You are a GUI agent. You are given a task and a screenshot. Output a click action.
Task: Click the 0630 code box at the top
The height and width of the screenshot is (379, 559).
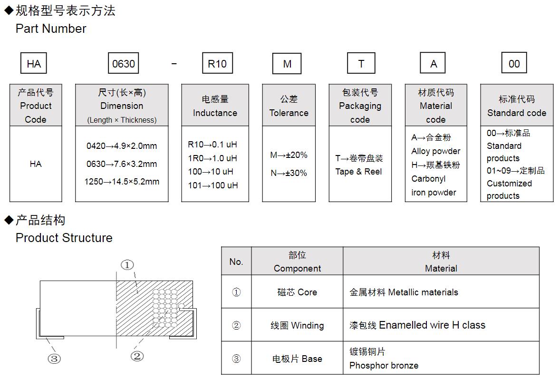pos(124,63)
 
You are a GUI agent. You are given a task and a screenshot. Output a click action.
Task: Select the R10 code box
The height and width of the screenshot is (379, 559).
pos(217,63)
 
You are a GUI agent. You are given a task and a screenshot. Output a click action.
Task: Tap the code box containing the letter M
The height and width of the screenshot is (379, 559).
pos(287,63)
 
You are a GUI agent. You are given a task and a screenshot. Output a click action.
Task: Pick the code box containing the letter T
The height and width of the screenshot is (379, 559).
pos(361,63)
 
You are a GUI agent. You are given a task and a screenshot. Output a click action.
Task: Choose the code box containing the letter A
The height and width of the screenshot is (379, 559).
pos(433,63)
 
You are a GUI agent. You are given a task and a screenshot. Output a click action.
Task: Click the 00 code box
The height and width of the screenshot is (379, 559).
pos(514,63)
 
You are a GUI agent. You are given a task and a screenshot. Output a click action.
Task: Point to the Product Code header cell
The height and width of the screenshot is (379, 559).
pos(36,106)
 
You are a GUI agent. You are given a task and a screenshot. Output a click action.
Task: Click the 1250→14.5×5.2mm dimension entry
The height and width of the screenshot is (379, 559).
pos(122,182)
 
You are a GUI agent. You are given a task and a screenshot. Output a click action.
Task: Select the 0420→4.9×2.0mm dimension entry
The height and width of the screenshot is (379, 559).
pos(122,146)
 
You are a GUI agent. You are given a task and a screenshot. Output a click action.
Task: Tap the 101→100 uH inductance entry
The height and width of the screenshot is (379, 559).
pos(213,185)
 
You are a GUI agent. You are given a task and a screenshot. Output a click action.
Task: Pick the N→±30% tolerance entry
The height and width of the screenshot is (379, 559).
pos(289,173)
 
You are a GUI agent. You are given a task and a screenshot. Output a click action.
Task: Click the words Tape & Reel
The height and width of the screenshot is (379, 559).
pos(358,172)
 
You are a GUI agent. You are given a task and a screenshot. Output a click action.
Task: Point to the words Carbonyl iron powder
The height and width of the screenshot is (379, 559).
pos(434,186)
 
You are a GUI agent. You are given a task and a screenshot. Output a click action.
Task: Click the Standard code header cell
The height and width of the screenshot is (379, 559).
pos(517,106)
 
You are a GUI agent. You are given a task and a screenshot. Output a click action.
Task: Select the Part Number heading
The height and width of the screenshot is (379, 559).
pos(51,29)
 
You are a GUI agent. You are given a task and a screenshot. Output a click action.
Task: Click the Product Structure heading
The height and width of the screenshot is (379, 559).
pos(64,238)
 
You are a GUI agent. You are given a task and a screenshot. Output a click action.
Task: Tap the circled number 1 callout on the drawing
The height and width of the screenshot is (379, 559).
pos(127,265)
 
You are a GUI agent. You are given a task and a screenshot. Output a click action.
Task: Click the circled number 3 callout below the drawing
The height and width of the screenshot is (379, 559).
pos(54,359)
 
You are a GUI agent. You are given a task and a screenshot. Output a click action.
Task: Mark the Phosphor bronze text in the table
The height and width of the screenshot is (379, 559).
pos(384,366)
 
